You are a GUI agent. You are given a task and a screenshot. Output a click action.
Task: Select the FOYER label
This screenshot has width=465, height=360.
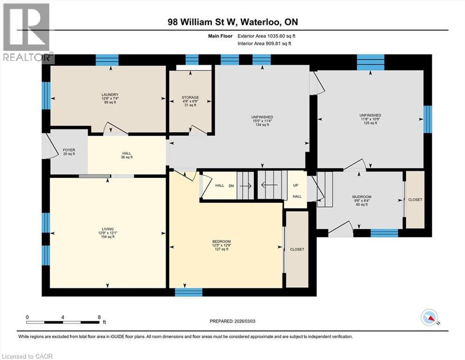click(x=69, y=152)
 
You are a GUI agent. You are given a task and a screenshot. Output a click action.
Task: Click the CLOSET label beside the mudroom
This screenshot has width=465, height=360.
click(x=415, y=200)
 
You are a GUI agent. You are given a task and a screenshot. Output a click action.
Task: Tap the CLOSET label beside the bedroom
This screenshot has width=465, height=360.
click(x=297, y=249)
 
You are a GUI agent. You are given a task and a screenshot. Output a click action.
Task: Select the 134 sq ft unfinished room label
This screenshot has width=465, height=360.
click(x=262, y=120)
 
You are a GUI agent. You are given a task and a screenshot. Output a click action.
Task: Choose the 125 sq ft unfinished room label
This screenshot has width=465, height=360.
click(x=370, y=119)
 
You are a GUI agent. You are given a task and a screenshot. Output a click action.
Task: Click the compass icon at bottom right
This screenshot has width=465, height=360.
click(x=430, y=319)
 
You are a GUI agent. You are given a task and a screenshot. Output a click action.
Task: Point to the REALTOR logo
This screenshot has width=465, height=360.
click(x=27, y=33)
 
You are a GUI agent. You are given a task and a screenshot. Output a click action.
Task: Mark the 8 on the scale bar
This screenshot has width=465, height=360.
click(x=99, y=317)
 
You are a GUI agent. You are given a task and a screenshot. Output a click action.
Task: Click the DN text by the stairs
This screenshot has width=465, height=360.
click(x=231, y=186)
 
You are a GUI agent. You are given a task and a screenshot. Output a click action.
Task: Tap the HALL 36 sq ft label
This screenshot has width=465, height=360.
click(x=126, y=155)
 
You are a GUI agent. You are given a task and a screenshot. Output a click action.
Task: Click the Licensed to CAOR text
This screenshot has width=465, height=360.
click(x=28, y=356)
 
